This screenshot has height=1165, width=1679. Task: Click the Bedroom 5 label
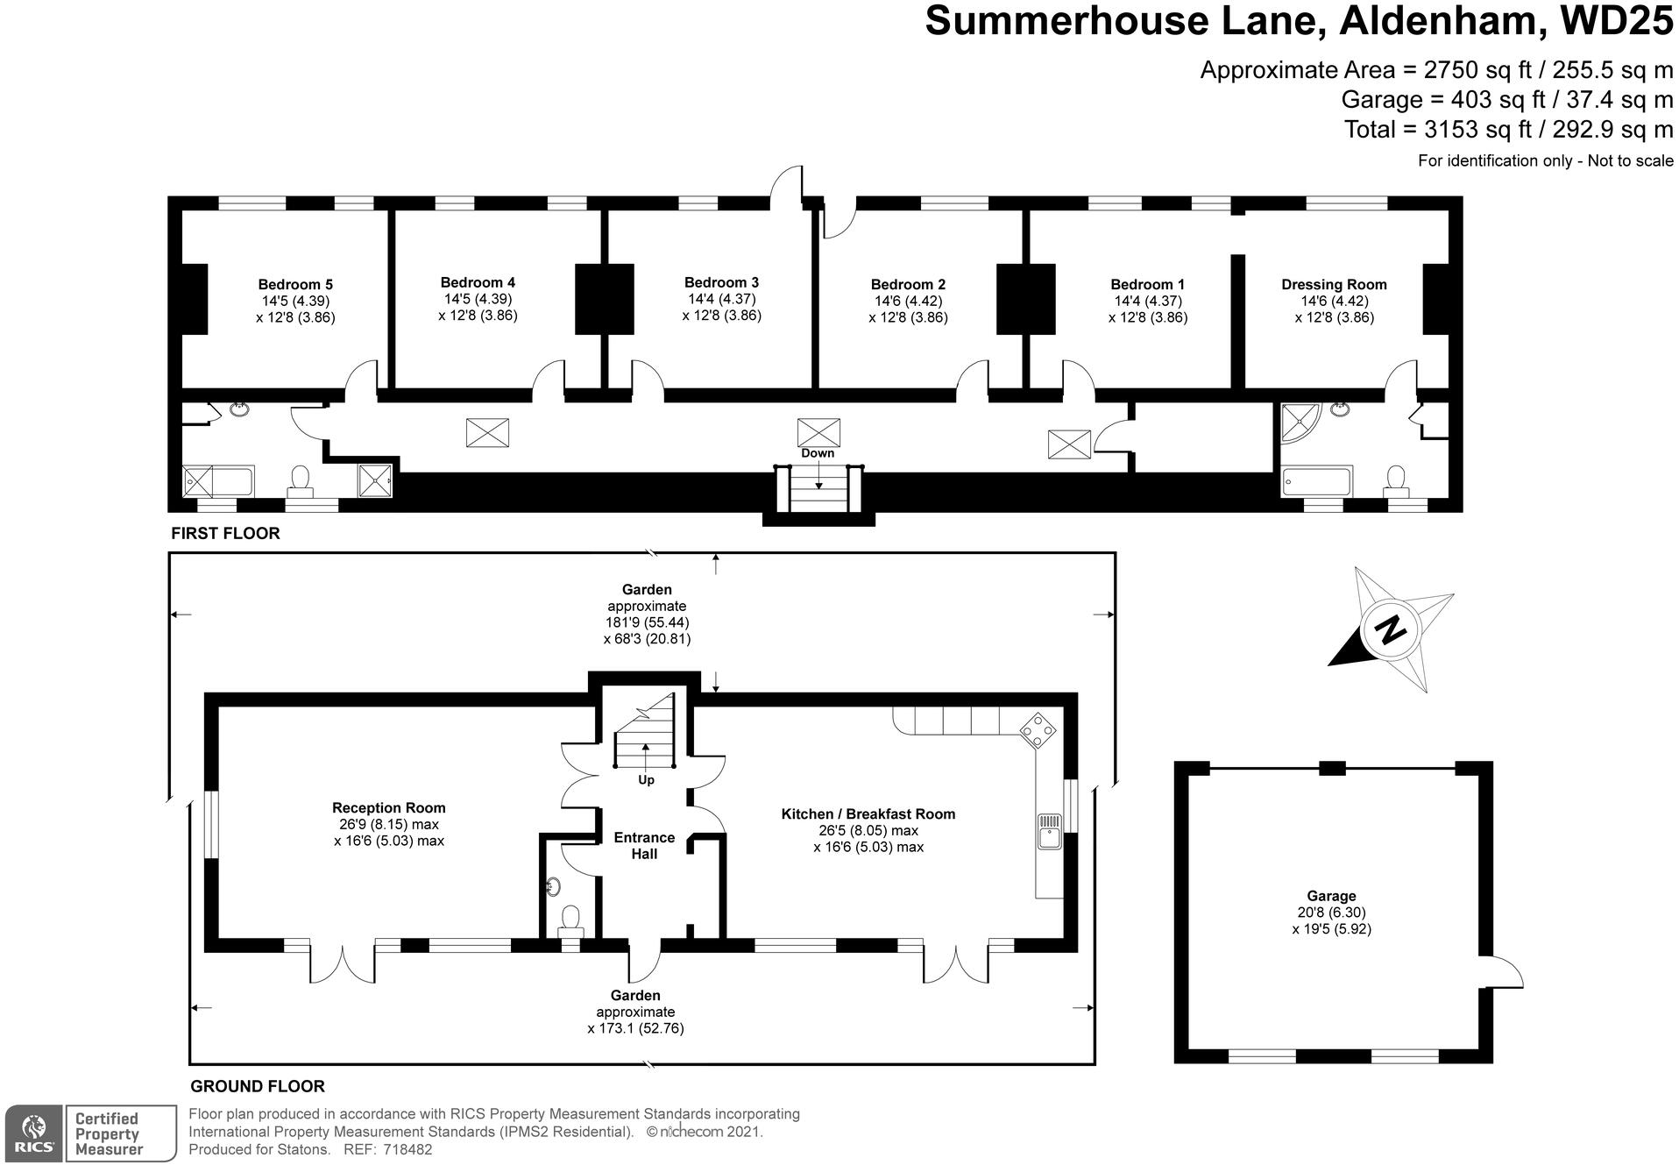coord(295,284)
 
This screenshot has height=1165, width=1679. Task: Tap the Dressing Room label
coord(1333,284)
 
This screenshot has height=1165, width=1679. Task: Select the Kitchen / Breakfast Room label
coord(868,813)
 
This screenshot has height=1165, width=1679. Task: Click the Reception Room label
coord(388,807)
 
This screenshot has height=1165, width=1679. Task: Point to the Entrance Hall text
coord(644,845)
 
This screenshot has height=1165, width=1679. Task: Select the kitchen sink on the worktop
coord(1049,831)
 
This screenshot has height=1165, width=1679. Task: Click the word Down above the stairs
coord(818,453)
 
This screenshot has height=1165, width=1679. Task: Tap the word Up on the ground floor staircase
coord(646,780)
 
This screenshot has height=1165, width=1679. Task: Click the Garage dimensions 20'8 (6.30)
coord(1331,913)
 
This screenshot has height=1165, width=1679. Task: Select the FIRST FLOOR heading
coord(225,533)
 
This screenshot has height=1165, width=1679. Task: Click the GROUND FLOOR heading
coord(258,1086)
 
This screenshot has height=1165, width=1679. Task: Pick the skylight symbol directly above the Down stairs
coord(818,432)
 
